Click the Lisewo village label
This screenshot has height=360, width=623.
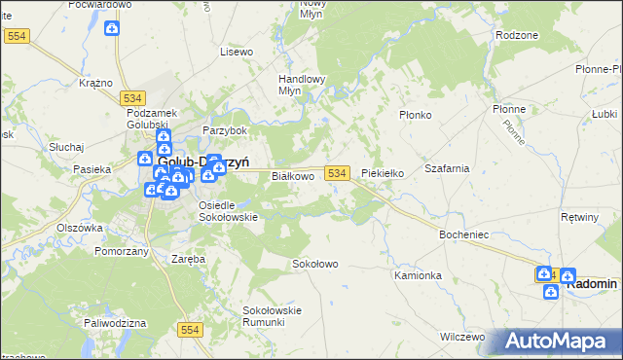pos(237,51)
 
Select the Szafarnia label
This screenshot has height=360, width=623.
pos(448,168)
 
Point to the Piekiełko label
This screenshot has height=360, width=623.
pos(383,173)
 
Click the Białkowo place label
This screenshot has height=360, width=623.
pos(292,176)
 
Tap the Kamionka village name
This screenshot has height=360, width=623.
pos(419,275)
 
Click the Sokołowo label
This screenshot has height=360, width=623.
pos(315,264)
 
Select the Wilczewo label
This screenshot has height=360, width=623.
pos(462,337)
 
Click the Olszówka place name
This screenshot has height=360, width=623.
pos(80,228)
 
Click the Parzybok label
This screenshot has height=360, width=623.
pos(225,130)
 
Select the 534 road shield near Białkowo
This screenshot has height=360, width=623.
pos(337,172)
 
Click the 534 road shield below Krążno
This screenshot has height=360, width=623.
pos(134,97)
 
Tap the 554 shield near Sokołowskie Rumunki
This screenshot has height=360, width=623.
pos(190,331)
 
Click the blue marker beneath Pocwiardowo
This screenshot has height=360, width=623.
pos(112,28)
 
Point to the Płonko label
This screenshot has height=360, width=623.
pos(416,115)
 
